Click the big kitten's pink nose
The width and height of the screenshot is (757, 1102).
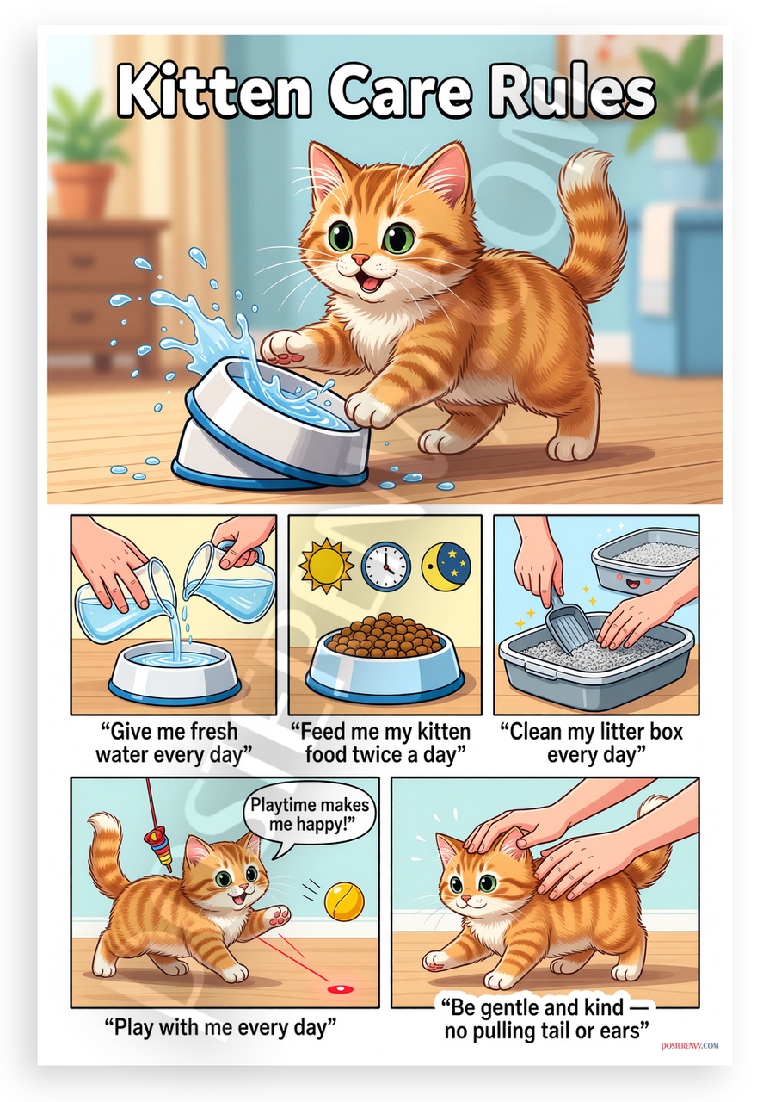click(x=360, y=259)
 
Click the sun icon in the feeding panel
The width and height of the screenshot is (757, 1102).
click(x=326, y=566)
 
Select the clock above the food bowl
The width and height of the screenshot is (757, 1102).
click(x=386, y=566)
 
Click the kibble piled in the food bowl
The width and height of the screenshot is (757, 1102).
click(x=385, y=635)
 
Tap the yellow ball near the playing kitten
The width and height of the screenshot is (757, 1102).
click(x=344, y=901)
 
